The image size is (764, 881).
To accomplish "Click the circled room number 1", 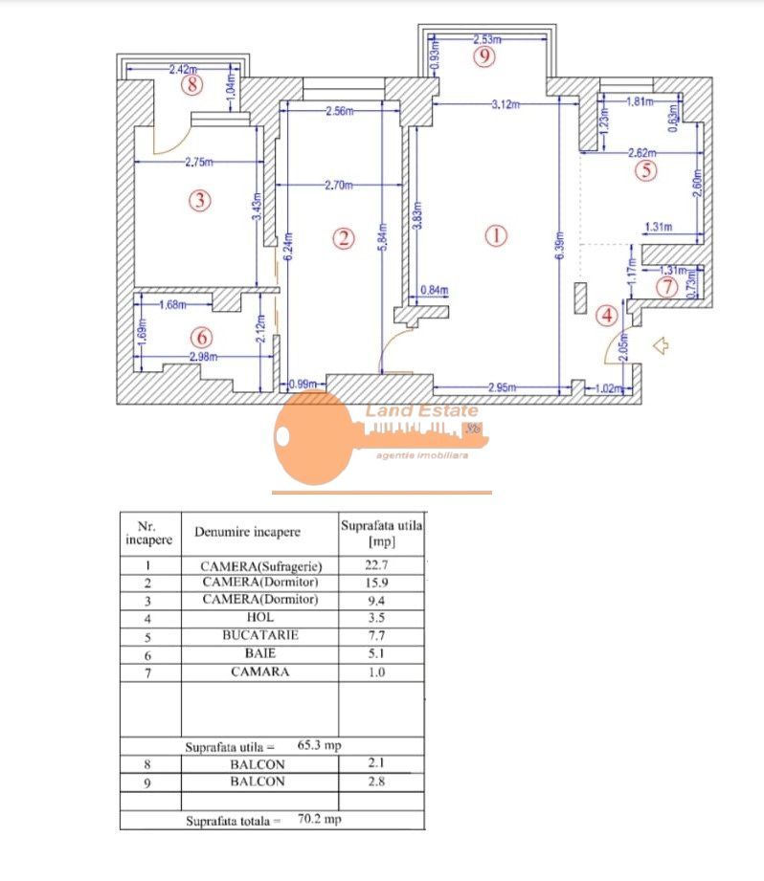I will [x=495, y=234].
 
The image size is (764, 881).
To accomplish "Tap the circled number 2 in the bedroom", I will [x=344, y=238].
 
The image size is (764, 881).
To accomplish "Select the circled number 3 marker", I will [x=199, y=200].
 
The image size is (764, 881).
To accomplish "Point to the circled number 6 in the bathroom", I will [x=200, y=337].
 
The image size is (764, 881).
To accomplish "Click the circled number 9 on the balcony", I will [x=485, y=56].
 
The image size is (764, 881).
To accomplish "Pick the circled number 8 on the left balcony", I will [x=192, y=85].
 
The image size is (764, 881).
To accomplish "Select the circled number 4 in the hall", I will [x=606, y=315].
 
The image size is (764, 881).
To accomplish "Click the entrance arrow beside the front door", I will [x=660, y=345].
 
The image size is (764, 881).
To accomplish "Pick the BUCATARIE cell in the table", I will [x=260, y=634].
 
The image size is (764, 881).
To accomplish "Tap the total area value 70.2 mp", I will [x=318, y=819].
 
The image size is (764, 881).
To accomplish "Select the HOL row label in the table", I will [x=260, y=617].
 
